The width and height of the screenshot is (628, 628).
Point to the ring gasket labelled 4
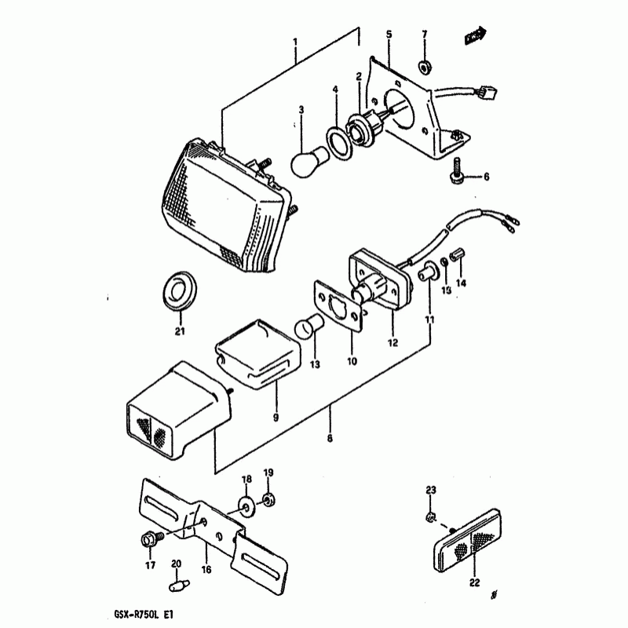(338, 144)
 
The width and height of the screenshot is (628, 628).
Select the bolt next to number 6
(457, 172)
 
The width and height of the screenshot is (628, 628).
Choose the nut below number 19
(268, 499)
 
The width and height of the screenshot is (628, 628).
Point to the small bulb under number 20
(176, 586)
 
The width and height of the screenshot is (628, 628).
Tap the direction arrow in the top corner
(473, 35)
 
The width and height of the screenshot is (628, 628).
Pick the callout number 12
(392, 342)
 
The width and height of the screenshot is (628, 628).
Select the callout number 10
(352, 361)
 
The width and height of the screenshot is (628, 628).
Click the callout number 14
(461, 283)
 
